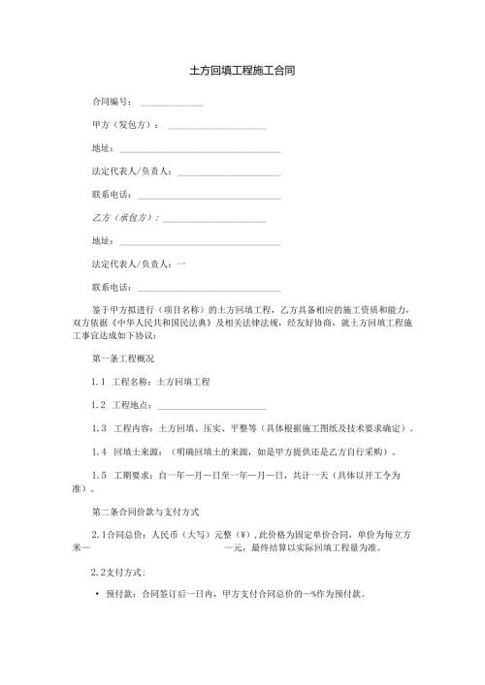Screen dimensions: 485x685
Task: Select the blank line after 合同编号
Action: click(x=172, y=104)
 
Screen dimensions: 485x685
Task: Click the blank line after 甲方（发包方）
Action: click(x=216, y=128)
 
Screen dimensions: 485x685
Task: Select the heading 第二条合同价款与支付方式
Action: click(x=145, y=511)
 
